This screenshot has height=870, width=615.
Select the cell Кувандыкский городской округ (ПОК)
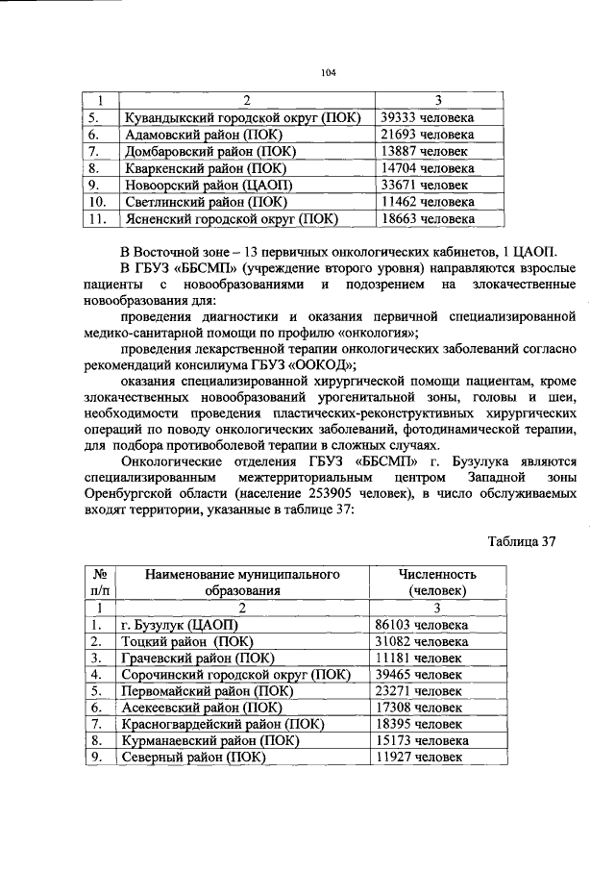click(x=242, y=117)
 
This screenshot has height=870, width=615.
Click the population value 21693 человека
click(x=427, y=135)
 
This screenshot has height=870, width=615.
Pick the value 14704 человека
click(x=427, y=168)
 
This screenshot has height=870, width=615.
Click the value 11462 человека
click(x=427, y=202)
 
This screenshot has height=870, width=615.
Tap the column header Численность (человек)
click(x=436, y=583)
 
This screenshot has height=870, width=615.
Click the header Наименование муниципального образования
click(x=242, y=583)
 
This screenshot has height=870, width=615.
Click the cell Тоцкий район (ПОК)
click(x=186, y=641)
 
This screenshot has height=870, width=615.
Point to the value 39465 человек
click(x=418, y=675)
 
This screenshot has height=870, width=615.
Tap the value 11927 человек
click(x=418, y=758)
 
